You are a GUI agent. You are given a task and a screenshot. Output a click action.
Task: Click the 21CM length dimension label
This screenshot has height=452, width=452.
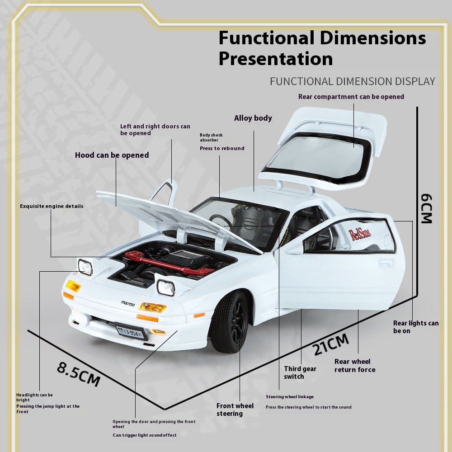(x=330, y=344)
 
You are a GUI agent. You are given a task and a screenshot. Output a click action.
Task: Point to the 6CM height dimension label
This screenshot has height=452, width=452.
(x=426, y=209)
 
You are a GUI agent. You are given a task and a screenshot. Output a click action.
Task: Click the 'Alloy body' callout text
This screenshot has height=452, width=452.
(x=253, y=118)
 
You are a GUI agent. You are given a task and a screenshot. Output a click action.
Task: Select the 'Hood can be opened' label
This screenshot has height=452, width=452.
(x=112, y=155)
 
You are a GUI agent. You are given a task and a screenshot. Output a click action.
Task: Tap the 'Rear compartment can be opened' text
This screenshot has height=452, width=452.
(x=351, y=97)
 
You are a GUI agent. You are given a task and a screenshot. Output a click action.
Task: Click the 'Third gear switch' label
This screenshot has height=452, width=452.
(x=300, y=372)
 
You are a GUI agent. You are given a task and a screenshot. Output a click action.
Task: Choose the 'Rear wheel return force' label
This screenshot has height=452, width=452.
(x=355, y=365)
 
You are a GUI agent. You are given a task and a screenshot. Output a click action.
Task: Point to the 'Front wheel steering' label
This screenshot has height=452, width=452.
(x=235, y=410)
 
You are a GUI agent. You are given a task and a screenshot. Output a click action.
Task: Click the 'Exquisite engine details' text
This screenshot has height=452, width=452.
(x=52, y=206)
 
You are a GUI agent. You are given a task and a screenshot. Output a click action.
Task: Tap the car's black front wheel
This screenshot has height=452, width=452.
(x=231, y=322)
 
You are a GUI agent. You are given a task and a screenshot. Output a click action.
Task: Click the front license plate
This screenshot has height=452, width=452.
(x=128, y=332)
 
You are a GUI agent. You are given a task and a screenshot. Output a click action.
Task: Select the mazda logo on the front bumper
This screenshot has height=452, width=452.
(x=127, y=303)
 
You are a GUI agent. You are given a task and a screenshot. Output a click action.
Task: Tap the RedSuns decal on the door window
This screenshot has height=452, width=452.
(x=360, y=234)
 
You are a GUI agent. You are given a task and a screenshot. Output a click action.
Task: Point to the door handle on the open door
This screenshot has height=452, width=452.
(x=386, y=263)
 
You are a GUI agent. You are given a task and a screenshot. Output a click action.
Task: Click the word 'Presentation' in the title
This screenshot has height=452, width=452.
(x=276, y=59)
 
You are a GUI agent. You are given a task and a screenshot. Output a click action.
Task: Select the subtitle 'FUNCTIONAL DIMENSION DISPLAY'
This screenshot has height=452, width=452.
(x=353, y=81)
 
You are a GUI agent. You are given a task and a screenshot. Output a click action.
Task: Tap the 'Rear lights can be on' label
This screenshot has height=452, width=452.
(x=416, y=327)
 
